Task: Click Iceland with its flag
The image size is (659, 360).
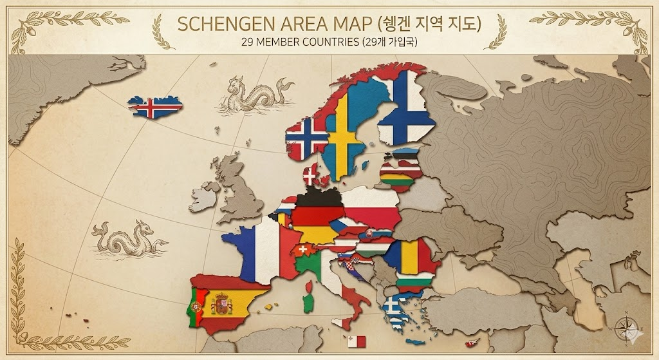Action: pyautogui.click(x=154, y=107)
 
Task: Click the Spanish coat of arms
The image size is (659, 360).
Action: pyautogui.click(x=221, y=303)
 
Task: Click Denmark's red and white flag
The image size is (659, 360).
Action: pyautogui.click(x=313, y=174)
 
